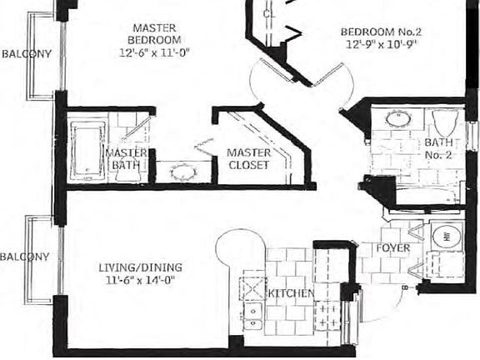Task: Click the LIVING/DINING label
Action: [139, 267]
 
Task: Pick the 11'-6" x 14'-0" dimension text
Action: [139, 282]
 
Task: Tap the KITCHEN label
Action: [291, 293]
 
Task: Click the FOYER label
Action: [392, 249]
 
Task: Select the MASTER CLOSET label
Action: [249, 159]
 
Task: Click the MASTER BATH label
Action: [127, 159]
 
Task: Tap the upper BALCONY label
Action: [26, 54]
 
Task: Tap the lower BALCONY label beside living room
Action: [25, 257]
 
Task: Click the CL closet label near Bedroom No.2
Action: [268, 14]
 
